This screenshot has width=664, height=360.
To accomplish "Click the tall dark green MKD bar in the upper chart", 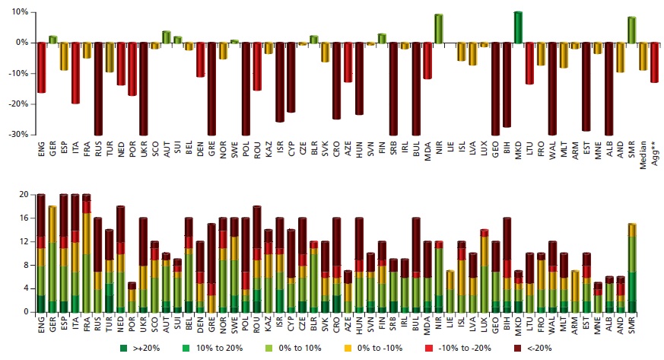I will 518,27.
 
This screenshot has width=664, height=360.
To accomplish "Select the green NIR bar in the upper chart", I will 438,29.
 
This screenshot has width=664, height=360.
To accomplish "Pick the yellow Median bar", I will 642,56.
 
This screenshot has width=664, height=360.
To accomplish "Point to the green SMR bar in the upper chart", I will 631,30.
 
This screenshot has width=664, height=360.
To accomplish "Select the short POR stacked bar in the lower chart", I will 132,297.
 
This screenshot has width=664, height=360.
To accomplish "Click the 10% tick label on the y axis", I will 20,13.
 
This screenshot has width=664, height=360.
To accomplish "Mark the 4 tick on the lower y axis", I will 25,289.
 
